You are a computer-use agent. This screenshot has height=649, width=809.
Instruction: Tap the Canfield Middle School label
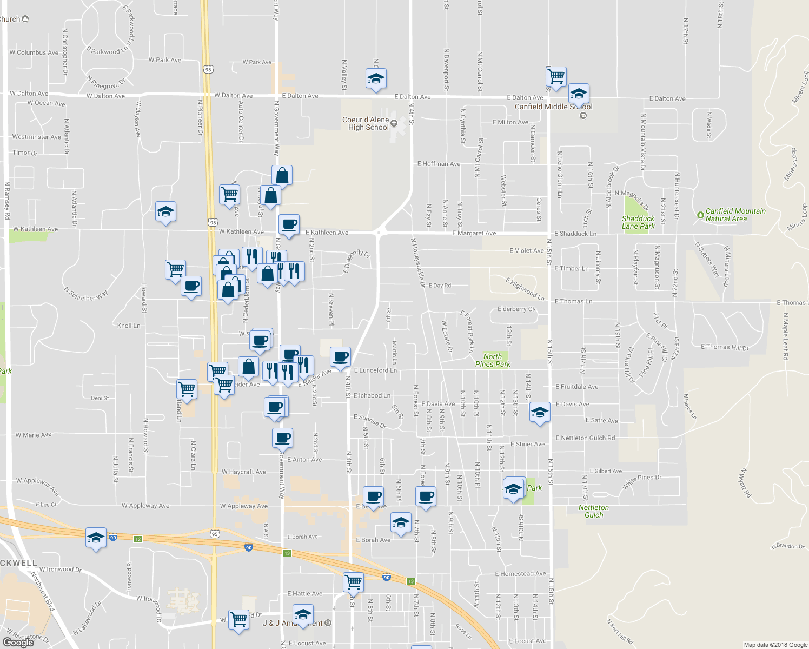pos(553,107)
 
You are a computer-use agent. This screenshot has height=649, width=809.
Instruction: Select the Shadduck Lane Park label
pos(638,222)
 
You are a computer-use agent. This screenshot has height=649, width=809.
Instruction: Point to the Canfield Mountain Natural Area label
pos(735,215)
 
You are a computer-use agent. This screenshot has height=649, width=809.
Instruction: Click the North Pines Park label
pos(492,360)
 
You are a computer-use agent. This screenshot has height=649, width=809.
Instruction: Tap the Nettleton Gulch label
pos(593,511)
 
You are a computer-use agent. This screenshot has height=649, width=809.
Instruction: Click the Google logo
pos(18,642)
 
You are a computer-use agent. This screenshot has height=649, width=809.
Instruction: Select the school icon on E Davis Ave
pos(539,413)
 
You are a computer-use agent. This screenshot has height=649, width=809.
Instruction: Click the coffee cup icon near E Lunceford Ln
pos(340,357)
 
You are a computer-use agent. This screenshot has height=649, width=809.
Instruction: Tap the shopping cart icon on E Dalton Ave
pos(556,77)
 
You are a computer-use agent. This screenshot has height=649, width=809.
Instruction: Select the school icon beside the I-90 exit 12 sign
pos(96,538)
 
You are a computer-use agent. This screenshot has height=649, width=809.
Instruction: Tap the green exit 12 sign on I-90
pos(138,539)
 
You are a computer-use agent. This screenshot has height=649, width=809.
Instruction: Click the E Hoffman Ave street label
pos(439,164)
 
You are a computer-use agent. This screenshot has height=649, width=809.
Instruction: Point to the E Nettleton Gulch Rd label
pos(585,438)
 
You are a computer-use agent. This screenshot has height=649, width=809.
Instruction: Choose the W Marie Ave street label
pos(34,435)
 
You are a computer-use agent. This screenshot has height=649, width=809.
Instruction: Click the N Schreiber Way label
pos(86,295)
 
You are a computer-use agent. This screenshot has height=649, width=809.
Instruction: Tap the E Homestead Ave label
pos(520,574)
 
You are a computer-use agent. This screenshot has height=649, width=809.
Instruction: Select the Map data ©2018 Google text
pos(775,645)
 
